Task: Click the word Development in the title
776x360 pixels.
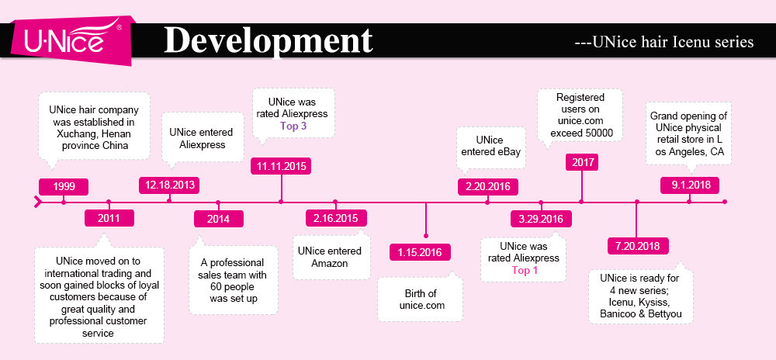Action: point(268,40)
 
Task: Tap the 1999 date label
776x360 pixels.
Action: point(64,186)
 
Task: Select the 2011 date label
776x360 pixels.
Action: point(109,218)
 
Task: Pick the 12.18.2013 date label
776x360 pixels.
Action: point(170,185)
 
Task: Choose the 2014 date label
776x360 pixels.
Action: point(218,219)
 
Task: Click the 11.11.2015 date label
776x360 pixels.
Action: point(281,166)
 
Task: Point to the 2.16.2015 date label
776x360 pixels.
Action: point(336,218)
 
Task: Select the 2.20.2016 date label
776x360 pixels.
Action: point(488,187)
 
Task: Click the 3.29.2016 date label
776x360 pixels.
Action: point(542,219)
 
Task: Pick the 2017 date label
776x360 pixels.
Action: point(581,161)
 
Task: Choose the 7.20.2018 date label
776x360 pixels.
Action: point(637,246)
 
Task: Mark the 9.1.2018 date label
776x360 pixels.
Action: point(690,185)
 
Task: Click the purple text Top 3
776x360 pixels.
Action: point(293,126)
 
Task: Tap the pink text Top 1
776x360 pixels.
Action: point(525,271)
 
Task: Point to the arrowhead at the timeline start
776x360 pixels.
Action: point(37,202)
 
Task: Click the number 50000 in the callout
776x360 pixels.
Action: point(598,133)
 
